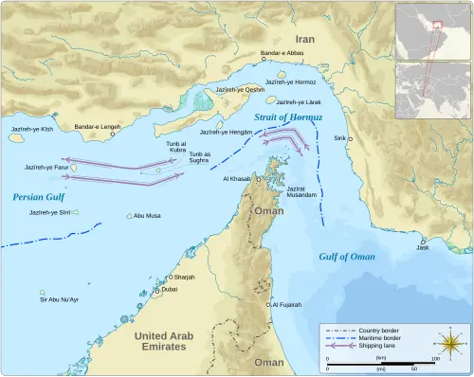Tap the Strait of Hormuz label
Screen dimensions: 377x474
(x=290, y=117)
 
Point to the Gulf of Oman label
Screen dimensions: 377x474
(x=346, y=257)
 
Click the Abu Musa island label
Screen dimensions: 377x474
(x=147, y=216)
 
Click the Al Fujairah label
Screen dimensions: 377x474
(x=285, y=305)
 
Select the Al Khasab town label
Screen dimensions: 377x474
(x=236, y=178)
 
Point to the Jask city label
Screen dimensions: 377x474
(x=422, y=248)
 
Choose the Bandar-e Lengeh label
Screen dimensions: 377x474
(x=97, y=127)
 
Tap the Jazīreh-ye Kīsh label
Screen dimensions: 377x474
(x=28, y=127)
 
